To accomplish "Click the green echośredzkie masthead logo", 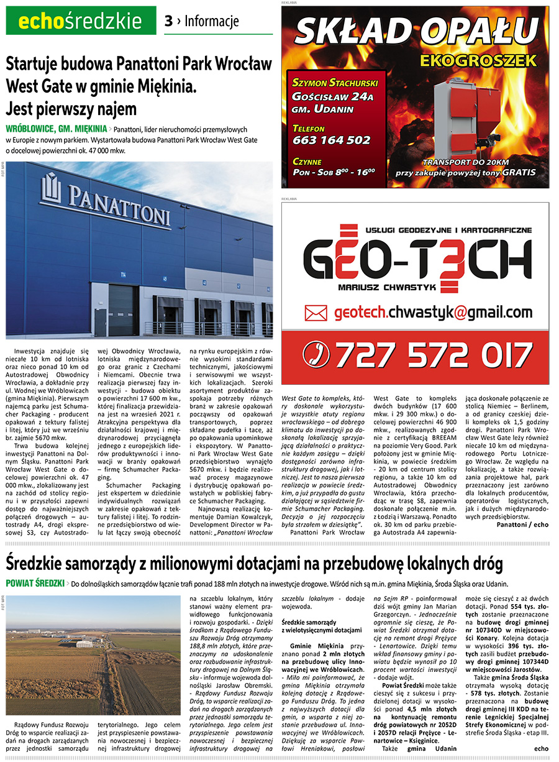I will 81,22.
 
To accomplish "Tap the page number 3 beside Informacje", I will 168,22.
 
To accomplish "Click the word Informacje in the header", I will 211,22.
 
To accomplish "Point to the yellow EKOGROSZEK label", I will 477,61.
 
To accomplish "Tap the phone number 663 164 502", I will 331,140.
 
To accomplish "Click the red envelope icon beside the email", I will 316,312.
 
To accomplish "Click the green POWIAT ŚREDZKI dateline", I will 35,584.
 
